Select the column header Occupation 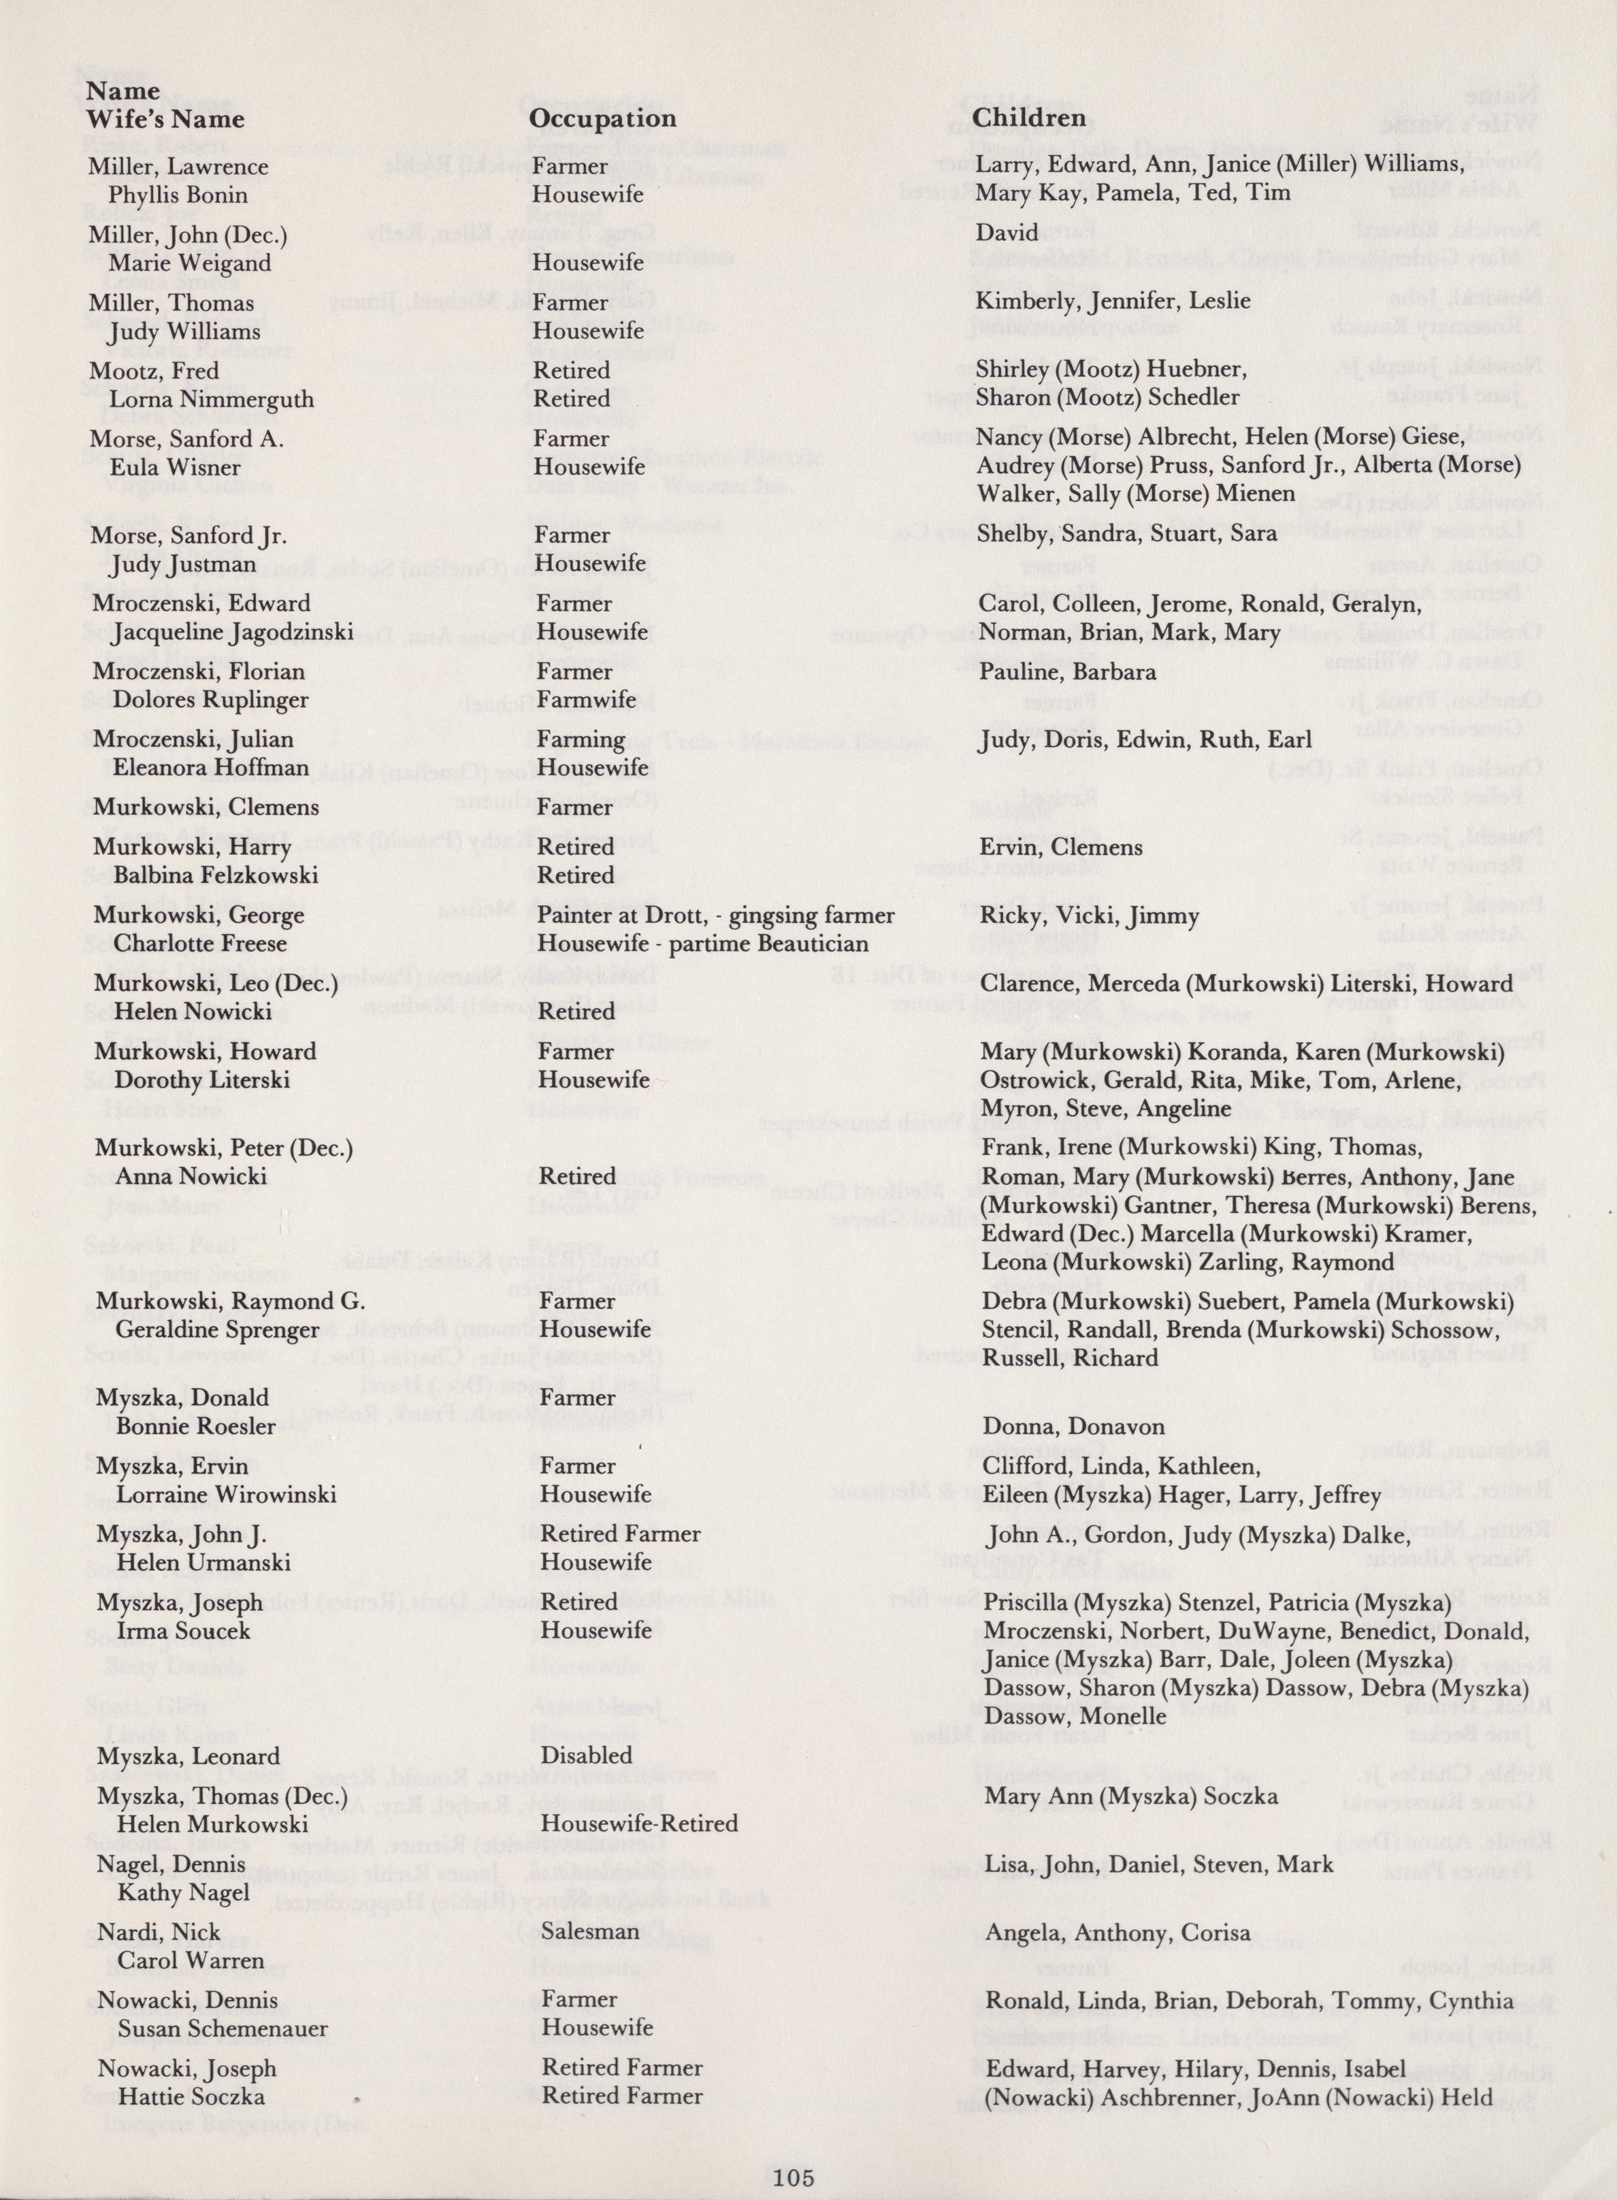pyautogui.click(x=602, y=118)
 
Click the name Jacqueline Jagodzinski pyautogui.click(x=233, y=632)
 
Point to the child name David pyautogui.click(x=1007, y=233)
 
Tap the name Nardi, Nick pyautogui.click(x=158, y=1932)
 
